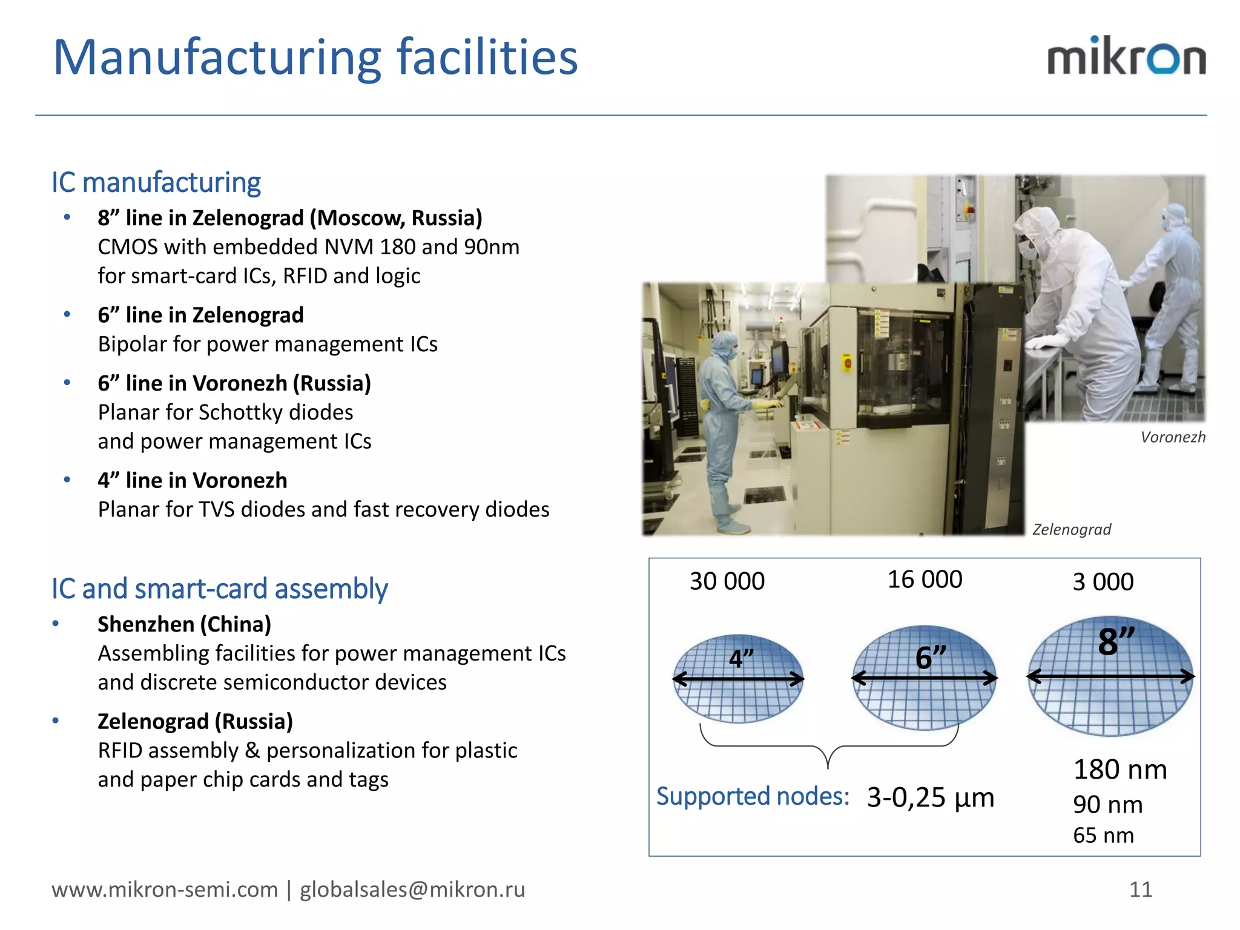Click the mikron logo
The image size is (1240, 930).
pos(1126,57)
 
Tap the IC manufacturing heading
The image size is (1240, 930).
pos(156,182)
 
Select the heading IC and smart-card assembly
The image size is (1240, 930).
pos(219,589)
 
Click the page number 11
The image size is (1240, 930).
pos(1141,889)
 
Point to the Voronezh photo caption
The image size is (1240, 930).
pos(1173,437)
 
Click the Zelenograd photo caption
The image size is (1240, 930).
pos(1072,530)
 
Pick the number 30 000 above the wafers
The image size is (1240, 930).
pos(727,581)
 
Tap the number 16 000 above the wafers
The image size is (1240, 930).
pos(925,579)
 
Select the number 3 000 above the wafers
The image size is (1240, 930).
pos(1103,582)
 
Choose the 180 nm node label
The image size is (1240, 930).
pos(1120,770)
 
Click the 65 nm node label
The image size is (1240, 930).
pos(1103,836)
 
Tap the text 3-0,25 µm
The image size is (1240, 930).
pos(931,797)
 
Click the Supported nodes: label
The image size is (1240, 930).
pos(753,796)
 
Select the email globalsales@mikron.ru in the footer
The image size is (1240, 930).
pos(412,889)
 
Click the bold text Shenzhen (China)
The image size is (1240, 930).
pos(184,624)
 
